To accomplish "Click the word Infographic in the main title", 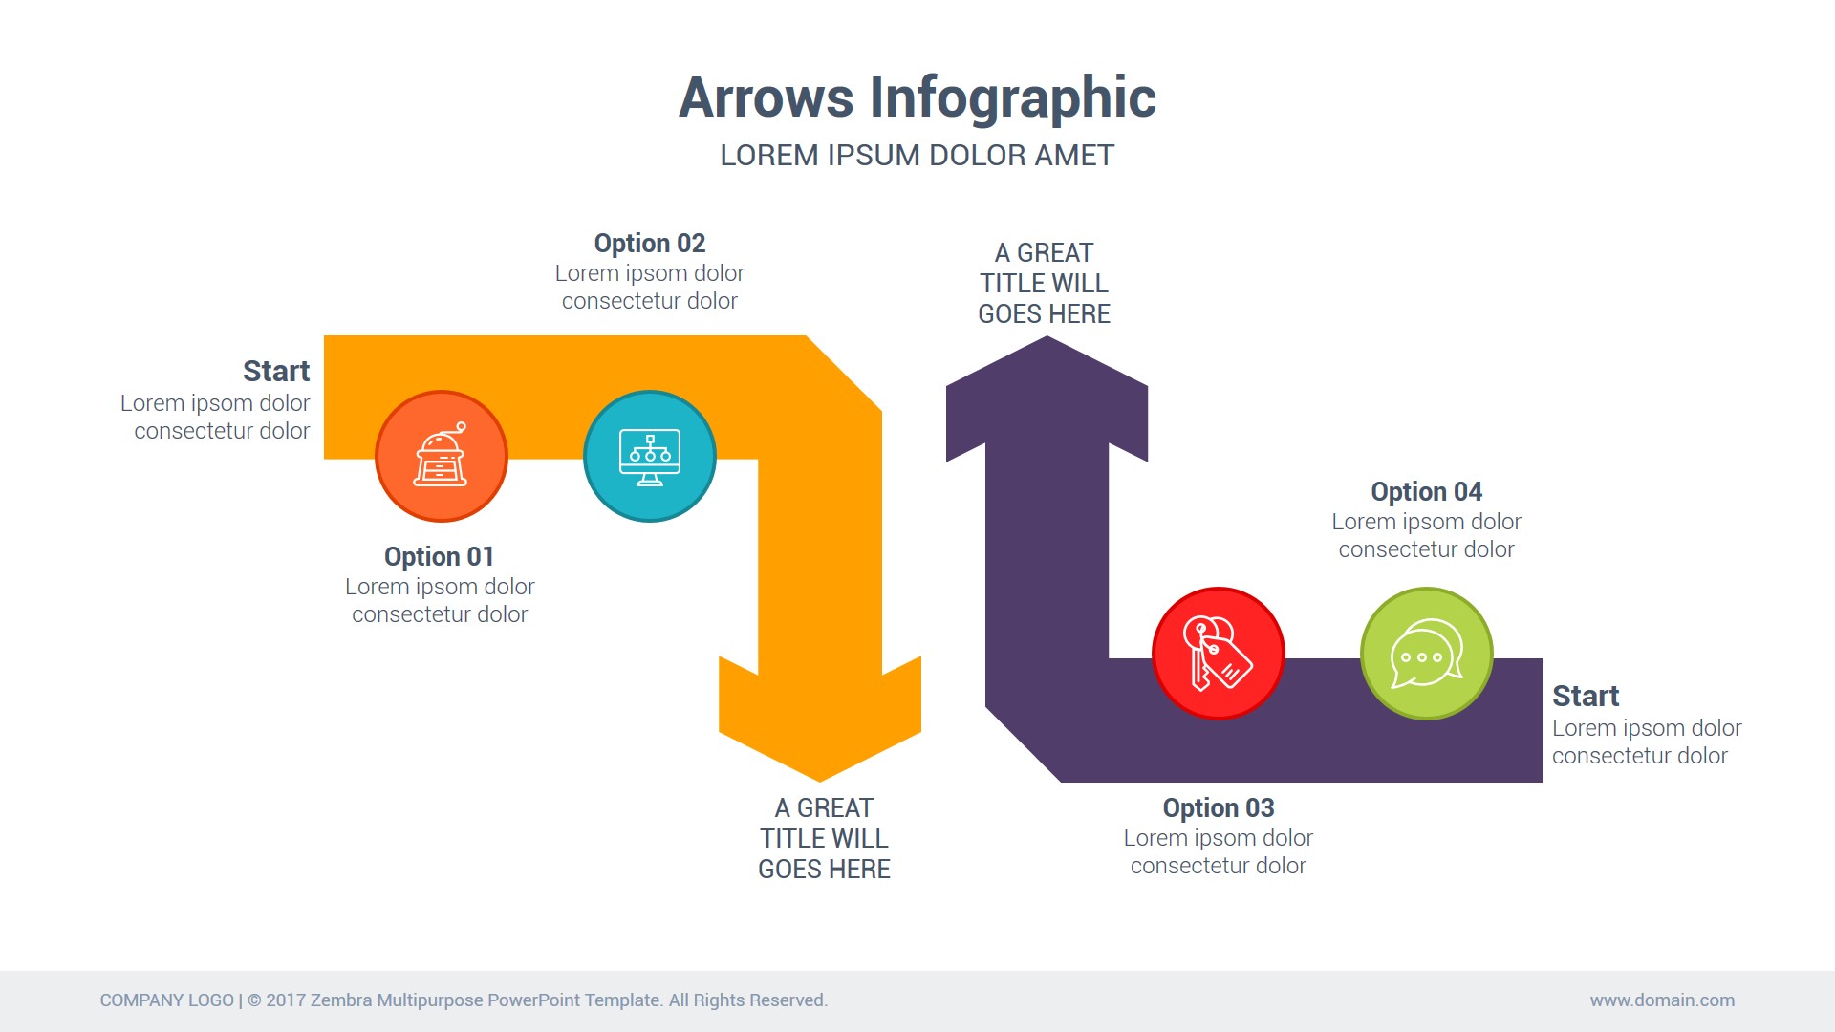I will (1012, 98).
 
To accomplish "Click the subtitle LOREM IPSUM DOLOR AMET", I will (917, 156).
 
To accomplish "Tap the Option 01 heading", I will (439, 557).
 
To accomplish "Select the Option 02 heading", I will (649, 244).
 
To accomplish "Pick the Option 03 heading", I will (1218, 808).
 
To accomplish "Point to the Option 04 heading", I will (1426, 492).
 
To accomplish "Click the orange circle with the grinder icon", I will (441, 457).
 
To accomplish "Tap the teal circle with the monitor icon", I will (650, 457).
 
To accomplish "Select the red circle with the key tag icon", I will (1218, 654).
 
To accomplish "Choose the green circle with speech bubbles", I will (1426, 654).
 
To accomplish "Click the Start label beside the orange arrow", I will (276, 372).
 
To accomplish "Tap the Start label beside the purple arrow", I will (1585, 697).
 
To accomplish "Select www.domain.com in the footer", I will (1662, 1000).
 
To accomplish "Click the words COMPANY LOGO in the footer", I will (166, 1000).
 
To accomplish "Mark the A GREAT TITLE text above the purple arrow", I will (1044, 284).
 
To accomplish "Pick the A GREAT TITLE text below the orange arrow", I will (824, 839).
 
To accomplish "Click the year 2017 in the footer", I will (286, 1000).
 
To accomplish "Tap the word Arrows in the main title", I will (766, 98).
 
